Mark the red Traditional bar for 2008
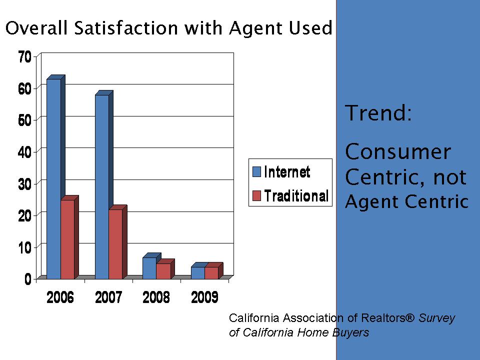coord(163,271)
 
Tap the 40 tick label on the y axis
coord(24,152)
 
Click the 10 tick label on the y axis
coord(24,247)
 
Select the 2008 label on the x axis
coord(156,298)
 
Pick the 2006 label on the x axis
coord(60,298)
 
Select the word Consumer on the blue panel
coord(398,151)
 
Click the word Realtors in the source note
coord(385,318)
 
